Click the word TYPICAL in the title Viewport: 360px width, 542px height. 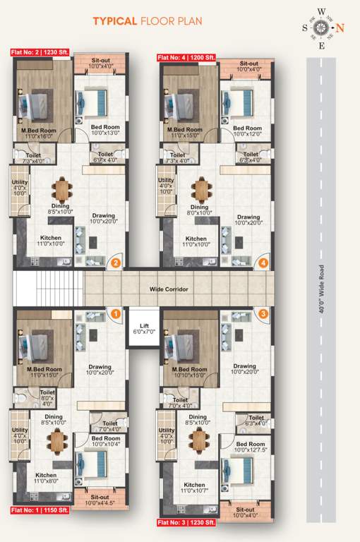tap(115, 21)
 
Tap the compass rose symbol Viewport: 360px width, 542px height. tap(322, 28)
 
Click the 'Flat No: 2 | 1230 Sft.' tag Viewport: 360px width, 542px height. tap(39, 52)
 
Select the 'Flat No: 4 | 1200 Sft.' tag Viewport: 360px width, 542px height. tap(186, 56)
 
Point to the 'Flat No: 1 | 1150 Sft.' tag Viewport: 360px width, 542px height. tap(39, 510)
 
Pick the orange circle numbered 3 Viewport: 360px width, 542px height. tap(263, 313)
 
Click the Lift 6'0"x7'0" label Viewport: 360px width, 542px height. tap(144, 329)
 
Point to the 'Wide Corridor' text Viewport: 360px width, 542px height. tap(168, 289)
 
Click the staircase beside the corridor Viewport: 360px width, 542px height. tap(48, 288)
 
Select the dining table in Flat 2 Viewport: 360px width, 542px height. tap(61, 189)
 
